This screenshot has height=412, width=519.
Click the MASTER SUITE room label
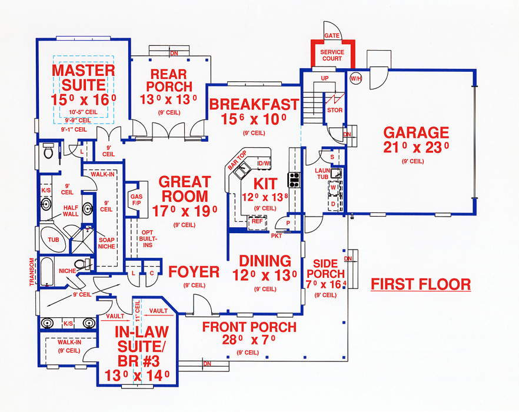click(x=83, y=78)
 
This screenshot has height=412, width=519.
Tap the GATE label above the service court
click(x=332, y=36)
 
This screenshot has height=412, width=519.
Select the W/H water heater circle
click(x=356, y=78)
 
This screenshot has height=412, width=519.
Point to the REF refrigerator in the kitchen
click(x=257, y=222)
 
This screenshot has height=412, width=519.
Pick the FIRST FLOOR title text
click(x=421, y=285)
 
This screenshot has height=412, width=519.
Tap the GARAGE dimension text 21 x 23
click(x=416, y=148)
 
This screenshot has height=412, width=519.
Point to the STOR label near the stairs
click(x=335, y=110)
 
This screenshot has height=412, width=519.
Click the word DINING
click(x=265, y=261)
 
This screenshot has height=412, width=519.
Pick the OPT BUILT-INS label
click(x=147, y=238)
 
